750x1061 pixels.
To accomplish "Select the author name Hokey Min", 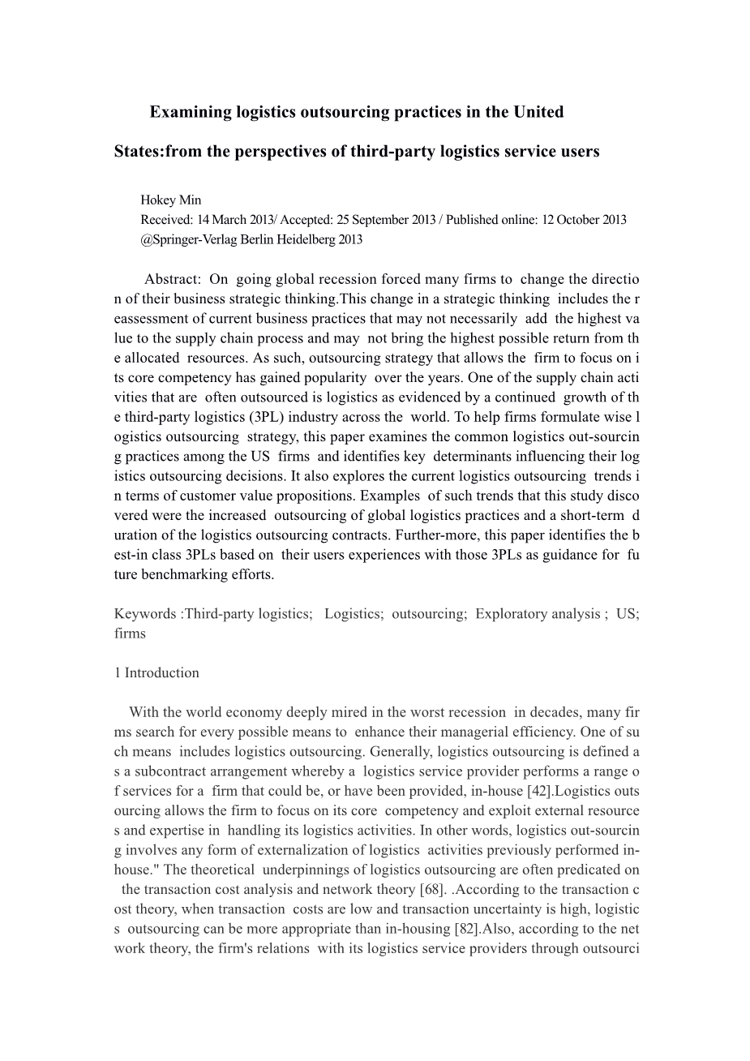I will click(x=171, y=200).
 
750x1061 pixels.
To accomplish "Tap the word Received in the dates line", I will click(x=166, y=219).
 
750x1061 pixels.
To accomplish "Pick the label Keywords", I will click(x=145, y=613).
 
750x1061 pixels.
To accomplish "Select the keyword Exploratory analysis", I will click(x=538, y=613).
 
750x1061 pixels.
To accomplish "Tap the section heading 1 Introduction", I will click(x=157, y=672).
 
